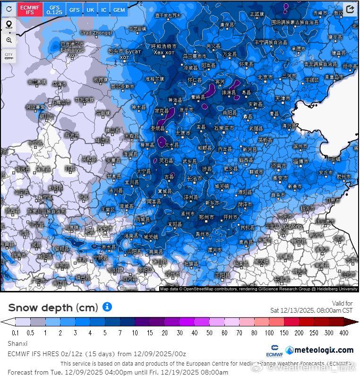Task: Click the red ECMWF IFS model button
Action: [30, 9]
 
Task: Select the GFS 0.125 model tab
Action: [55, 9]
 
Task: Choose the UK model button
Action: [90, 9]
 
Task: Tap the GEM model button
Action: [119, 9]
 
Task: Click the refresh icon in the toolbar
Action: [9, 9]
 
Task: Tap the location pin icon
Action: [9, 25]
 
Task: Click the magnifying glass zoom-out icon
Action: [9, 41]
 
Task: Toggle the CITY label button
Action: [9, 56]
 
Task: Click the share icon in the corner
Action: [350, 9]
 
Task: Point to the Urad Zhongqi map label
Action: [96, 33]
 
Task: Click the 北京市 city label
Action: [265, 77]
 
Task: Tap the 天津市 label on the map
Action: [283, 99]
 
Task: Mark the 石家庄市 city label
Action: [224, 128]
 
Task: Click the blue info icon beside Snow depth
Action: [107, 307]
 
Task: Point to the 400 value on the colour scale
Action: [344, 333]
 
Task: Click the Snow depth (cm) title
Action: [53, 308]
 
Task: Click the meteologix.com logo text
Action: [323, 350]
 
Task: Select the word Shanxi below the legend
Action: [17, 343]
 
